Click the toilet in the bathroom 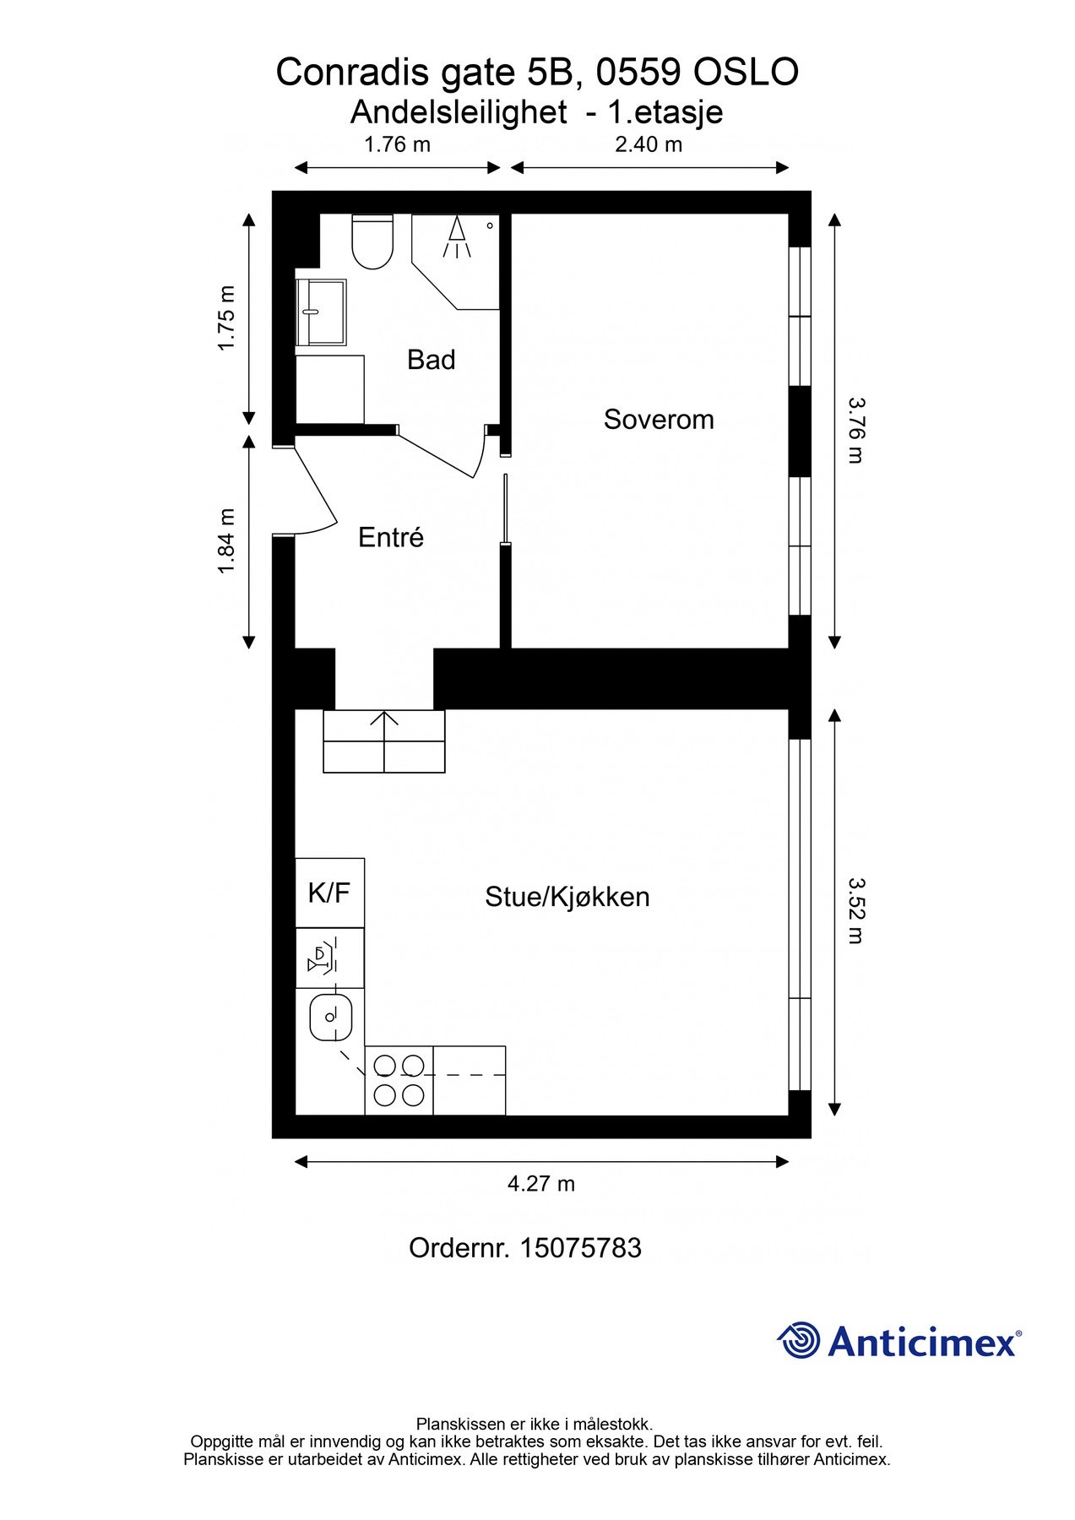[x=372, y=242]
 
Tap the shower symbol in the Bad [x=458, y=237]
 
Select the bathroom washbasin [x=321, y=312]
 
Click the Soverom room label [x=659, y=420]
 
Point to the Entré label [x=391, y=537]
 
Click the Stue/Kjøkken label [x=567, y=897]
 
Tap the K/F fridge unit [x=329, y=893]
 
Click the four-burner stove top [x=399, y=1080]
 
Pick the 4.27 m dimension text [x=541, y=1184]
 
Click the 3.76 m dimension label [x=855, y=431]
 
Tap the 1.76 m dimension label [x=397, y=144]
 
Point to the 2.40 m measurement [x=649, y=144]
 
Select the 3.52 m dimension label [x=855, y=910]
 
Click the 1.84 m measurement [x=225, y=541]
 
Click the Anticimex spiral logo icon [x=799, y=1341]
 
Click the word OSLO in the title [x=746, y=73]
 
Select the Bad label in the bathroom [x=432, y=360]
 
